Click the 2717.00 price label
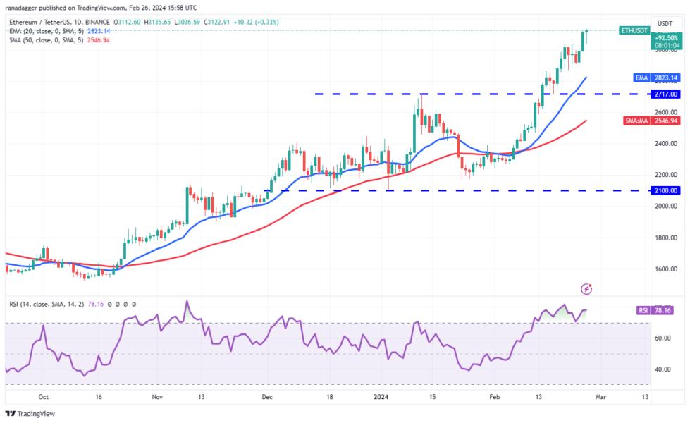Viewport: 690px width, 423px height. click(x=666, y=94)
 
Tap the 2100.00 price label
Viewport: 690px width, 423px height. click(x=666, y=190)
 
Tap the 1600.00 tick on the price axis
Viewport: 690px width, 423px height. click(x=666, y=269)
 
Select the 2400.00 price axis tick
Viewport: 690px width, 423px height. click(x=666, y=143)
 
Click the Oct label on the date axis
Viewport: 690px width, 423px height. click(x=44, y=397)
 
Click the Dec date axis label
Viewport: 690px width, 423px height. click(x=268, y=397)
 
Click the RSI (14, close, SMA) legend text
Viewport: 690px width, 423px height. click(x=70, y=304)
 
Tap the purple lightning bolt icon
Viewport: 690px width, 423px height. click(x=586, y=289)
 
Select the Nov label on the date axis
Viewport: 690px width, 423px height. click(x=157, y=397)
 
